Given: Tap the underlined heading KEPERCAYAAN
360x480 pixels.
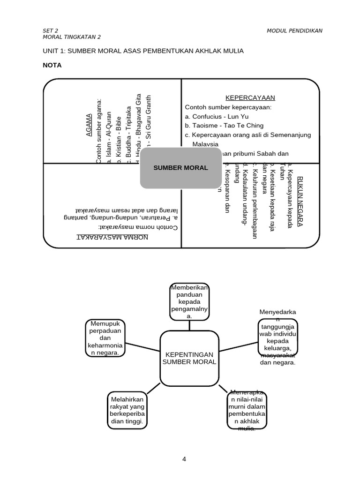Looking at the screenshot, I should (x=250, y=98).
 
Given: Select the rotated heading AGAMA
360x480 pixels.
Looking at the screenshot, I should (x=89, y=125).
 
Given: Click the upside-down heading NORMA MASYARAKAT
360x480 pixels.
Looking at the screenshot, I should (x=112, y=237).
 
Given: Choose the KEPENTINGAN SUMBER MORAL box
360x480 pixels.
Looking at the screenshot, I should (x=189, y=358).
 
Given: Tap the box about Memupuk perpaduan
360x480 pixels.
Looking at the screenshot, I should (x=105, y=338).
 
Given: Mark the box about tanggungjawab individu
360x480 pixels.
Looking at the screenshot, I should (x=277, y=337).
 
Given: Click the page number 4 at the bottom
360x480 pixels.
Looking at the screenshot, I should (x=185, y=459).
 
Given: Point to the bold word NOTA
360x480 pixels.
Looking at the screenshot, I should (x=52, y=65).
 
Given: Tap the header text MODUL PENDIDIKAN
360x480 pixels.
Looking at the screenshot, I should (x=294, y=31).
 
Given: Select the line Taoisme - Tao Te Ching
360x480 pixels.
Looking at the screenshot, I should (x=224, y=126).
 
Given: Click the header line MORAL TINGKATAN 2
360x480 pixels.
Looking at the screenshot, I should (x=72, y=37).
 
